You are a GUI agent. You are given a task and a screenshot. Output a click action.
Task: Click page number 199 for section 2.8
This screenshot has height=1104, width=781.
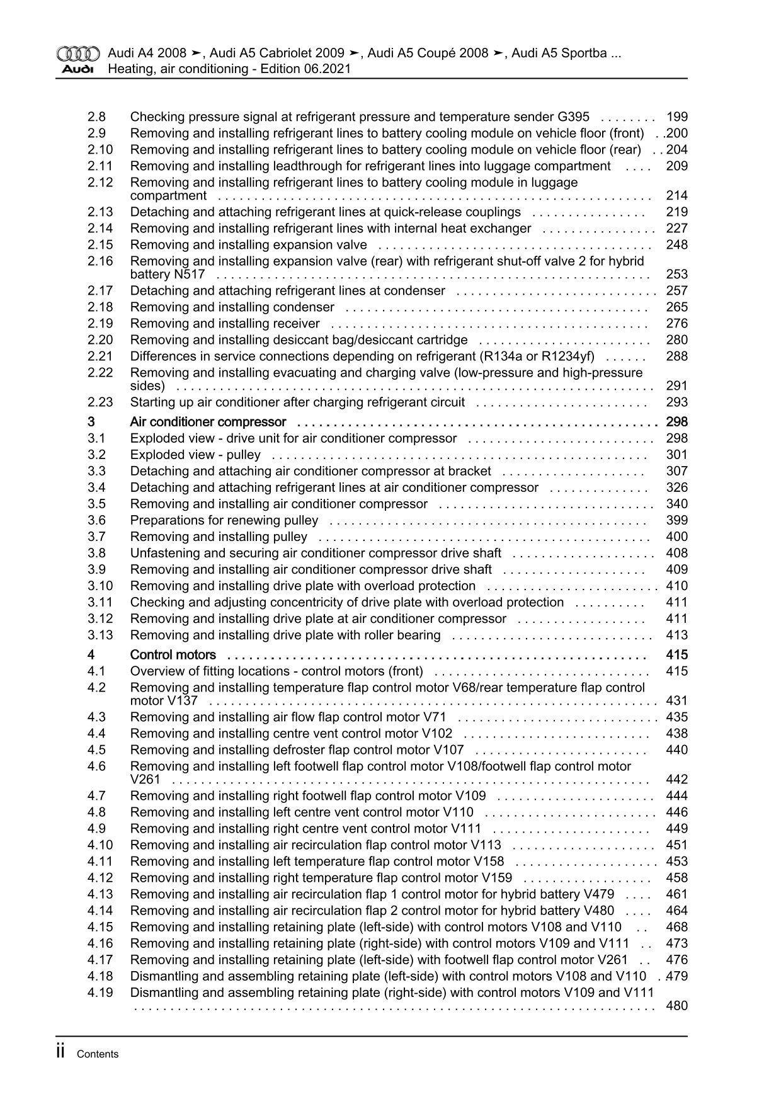tap(676, 117)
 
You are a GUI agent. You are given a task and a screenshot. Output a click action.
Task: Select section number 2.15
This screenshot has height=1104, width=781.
tap(100, 245)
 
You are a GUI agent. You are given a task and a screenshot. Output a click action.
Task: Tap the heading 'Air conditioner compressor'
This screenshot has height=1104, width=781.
tap(208, 422)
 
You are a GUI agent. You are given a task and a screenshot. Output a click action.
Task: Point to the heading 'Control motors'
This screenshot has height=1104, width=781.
tap(173, 655)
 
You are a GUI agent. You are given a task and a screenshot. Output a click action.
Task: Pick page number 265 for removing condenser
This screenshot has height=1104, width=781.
tap(676, 307)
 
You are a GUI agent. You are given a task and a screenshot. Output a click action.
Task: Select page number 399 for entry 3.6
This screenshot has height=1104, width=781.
tap(676, 520)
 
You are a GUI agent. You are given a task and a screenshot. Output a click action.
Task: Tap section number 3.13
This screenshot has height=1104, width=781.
tap(100, 635)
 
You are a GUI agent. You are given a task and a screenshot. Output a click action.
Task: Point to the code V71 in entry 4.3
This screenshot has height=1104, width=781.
tap(435, 717)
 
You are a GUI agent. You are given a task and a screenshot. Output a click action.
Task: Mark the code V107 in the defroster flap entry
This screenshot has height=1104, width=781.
tap(448, 750)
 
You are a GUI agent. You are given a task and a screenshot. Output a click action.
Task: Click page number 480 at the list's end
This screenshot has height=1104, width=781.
tap(676, 1006)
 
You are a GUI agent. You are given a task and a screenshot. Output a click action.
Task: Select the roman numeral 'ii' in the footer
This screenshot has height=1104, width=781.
tap(61, 1052)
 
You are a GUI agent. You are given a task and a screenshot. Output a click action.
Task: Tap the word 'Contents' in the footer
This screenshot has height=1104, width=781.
tap(98, 1054)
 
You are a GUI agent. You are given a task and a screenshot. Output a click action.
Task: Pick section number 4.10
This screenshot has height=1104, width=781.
tap(100, 845)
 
